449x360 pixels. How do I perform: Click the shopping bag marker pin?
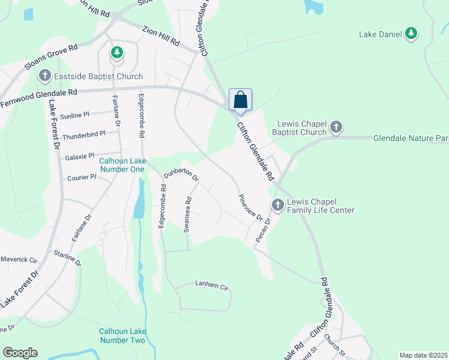(240, 100)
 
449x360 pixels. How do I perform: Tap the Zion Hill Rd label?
(161, 36)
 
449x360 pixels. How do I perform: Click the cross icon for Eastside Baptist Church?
(45, 76)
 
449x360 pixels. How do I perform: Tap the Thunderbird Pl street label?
(83, 134)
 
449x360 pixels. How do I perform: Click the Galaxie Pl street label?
(80, 156)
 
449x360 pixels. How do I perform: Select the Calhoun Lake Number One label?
(122, 165)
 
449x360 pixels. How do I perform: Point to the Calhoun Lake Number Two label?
(122, 336)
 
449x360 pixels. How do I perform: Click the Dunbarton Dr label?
(181, 175)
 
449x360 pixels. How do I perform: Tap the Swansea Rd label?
(187, 214)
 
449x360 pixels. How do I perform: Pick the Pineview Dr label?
(250, 207)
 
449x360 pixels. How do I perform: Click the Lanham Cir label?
(212, 287)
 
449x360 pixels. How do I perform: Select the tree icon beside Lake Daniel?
(411, 34)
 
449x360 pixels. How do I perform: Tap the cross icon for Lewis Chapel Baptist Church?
(336, 127)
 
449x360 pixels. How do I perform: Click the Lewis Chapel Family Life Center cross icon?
(277, 205)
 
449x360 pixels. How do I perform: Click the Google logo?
(20, 353)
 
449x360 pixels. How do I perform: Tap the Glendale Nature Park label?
(411, 138)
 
